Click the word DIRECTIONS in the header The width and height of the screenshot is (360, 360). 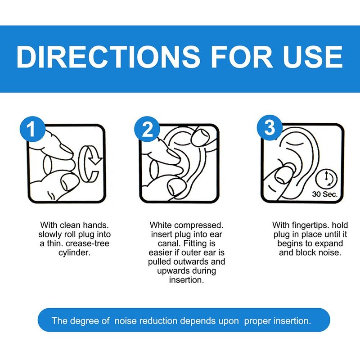(108, 57)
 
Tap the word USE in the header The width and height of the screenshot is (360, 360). (312, 57)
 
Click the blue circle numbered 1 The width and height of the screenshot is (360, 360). (32, 129)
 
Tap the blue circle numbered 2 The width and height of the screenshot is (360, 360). (147, 129)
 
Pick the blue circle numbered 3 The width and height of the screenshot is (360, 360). (269, 128)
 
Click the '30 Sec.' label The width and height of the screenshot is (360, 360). (324, 194)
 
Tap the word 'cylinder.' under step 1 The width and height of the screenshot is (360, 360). (74, 252)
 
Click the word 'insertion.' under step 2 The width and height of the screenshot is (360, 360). (186, 280)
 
